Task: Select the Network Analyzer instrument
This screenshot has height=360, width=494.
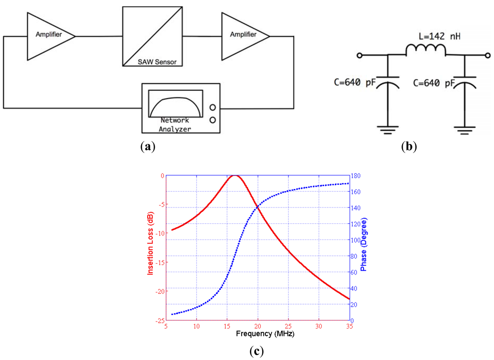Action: click(181, 108)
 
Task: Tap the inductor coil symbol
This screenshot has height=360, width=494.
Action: click(425, 49)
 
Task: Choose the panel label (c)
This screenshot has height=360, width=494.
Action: click(257, 352)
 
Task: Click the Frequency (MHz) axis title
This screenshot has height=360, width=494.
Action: click(257, 333)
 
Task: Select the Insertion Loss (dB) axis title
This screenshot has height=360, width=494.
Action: click(150, 247)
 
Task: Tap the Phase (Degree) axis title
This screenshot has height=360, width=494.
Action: click(364, 247)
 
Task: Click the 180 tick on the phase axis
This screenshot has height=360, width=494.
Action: click(355, 176)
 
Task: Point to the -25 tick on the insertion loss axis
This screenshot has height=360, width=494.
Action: click(159, 320)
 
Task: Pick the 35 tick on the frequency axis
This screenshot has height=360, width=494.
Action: click(349, 326)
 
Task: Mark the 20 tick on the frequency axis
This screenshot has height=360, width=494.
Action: click(257, 326)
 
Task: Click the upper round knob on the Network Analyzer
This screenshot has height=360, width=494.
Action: click(213, 107)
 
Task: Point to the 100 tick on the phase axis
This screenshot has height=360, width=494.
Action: click(355, 240)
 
